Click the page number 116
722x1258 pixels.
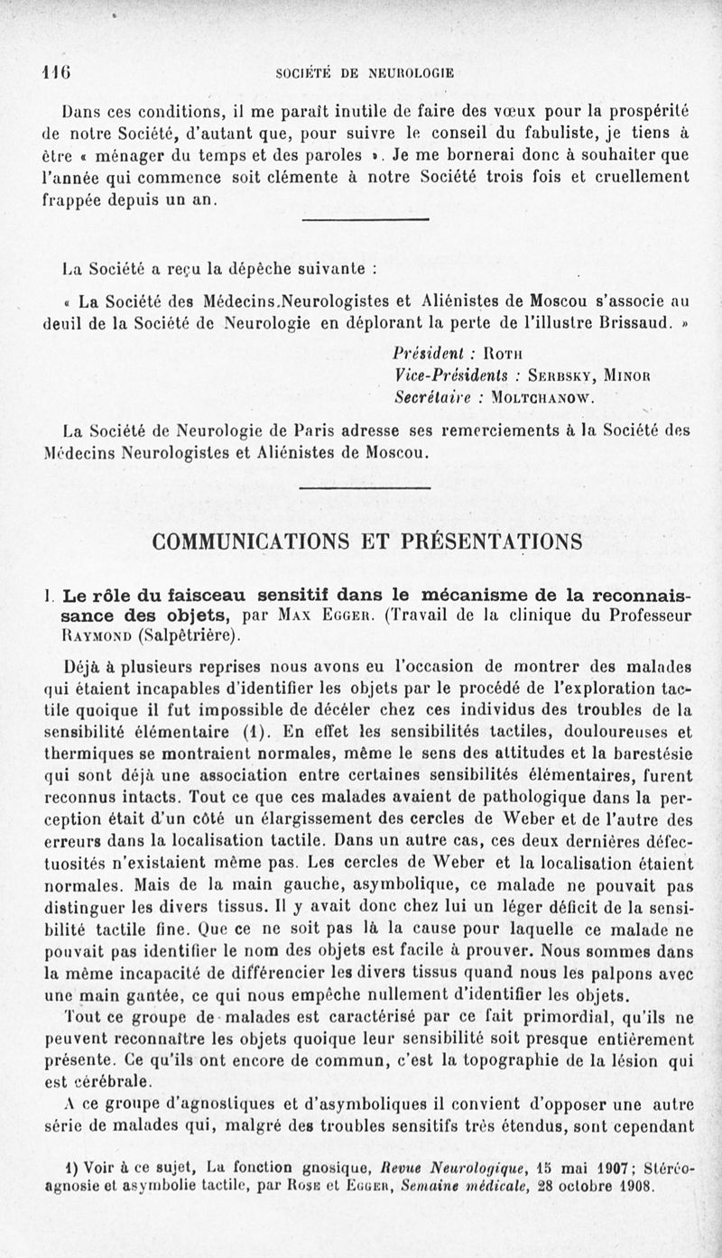pyautogui.click(x=56, y=73)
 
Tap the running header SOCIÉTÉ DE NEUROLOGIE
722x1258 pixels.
pyautogui.click(x=366, y=73)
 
